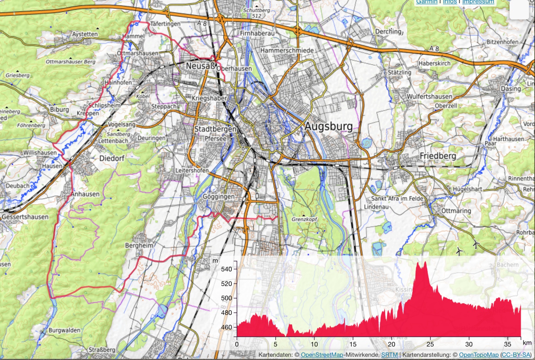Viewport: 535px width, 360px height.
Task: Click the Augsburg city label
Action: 328,127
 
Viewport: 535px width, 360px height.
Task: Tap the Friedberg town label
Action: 438,156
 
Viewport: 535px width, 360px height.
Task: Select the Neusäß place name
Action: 201,66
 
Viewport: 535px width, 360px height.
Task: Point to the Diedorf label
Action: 112,158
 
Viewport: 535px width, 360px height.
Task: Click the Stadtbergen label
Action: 215,129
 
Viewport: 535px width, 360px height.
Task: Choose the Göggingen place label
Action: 219,196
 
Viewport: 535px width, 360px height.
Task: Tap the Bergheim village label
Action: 139,246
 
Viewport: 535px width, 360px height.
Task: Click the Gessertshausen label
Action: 25,217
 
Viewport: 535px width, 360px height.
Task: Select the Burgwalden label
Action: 64,330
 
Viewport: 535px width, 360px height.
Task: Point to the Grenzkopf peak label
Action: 304,219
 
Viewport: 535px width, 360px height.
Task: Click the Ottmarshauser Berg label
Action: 71,62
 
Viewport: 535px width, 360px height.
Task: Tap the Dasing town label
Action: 511,88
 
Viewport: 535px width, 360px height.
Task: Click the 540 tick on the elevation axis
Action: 226,269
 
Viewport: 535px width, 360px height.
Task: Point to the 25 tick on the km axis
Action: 430,344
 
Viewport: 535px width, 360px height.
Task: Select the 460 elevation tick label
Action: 226,327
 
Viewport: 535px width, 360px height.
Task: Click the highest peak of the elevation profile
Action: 425,263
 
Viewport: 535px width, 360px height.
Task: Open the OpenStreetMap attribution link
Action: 322,355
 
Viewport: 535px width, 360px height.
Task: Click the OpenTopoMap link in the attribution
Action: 479,355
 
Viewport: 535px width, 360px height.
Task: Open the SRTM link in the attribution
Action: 389,355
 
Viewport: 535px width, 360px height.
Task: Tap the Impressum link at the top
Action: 478,2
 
